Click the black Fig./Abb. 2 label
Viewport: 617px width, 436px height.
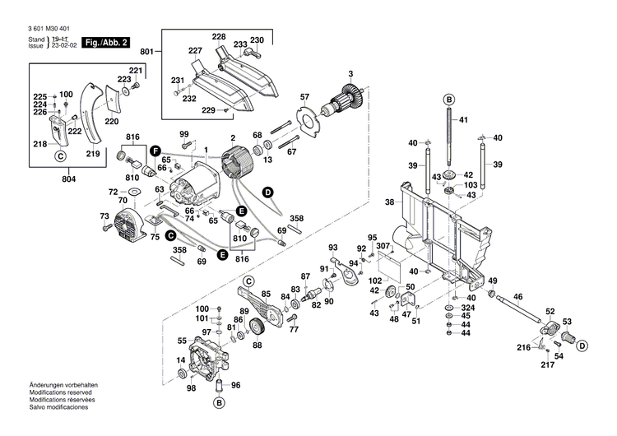click(104, 42)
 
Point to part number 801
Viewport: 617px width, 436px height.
click(146, 53)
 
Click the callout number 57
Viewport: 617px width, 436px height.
click(304, 97)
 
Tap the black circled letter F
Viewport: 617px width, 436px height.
click(155, 149)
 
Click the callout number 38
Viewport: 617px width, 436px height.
click(391, 201)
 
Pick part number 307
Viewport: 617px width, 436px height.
click(384, 246)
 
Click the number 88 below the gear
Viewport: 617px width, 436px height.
click(257, 346)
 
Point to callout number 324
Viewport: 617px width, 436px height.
click(466, 306)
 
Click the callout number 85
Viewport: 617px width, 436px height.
click(266, 294)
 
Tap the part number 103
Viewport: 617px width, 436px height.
click(471, 185)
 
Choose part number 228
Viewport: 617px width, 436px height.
click(218, 37)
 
